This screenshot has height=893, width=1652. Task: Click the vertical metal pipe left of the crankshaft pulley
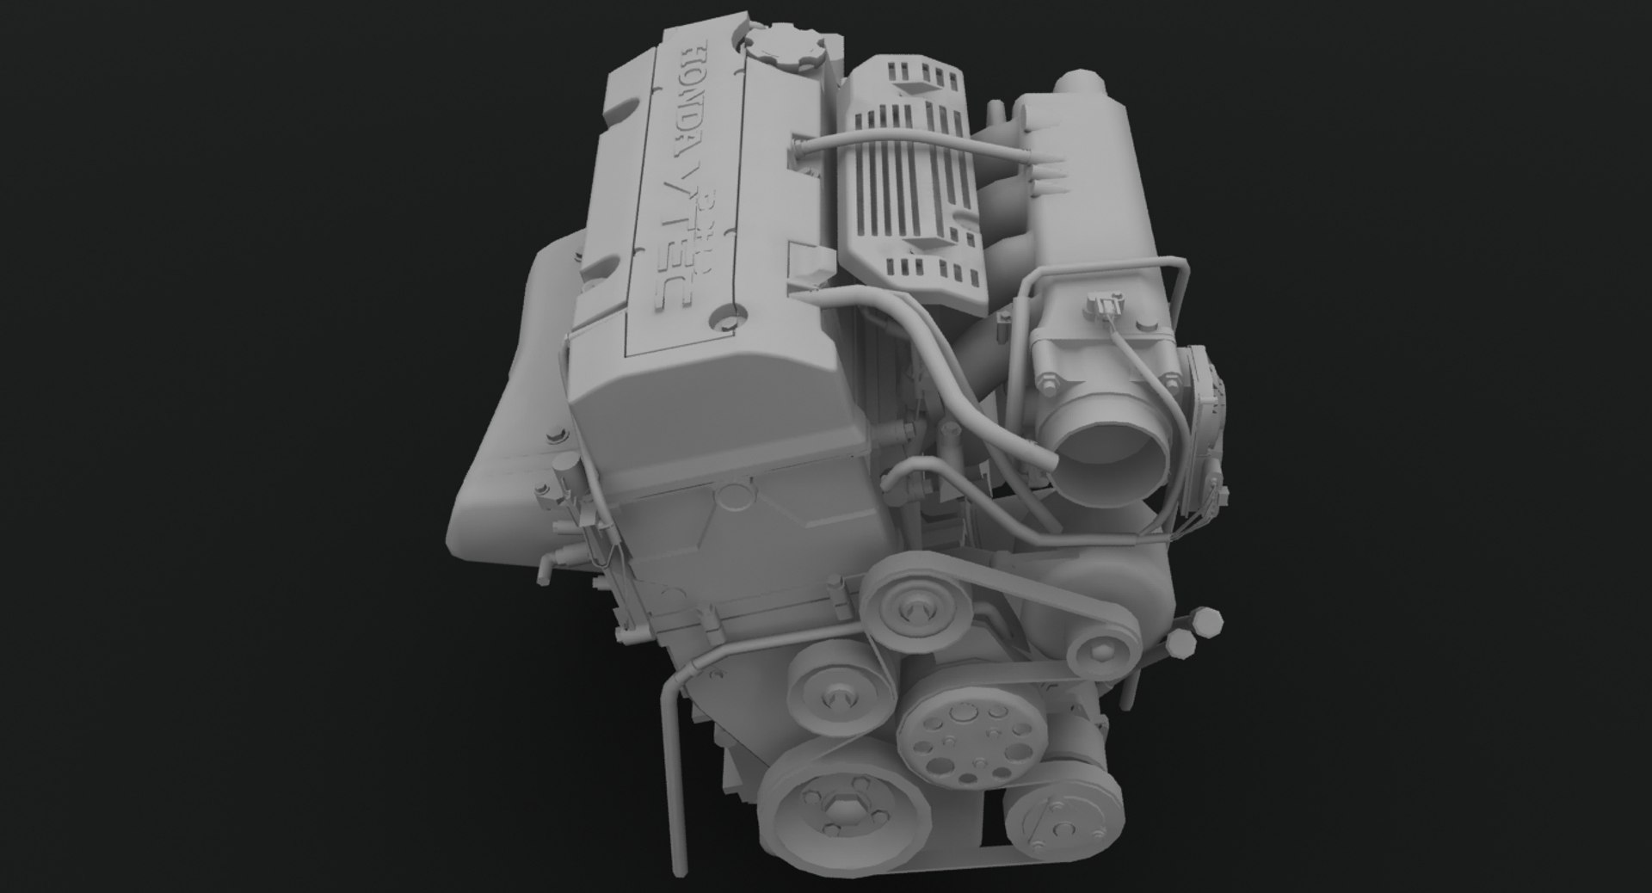click(x=680, y=774)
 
